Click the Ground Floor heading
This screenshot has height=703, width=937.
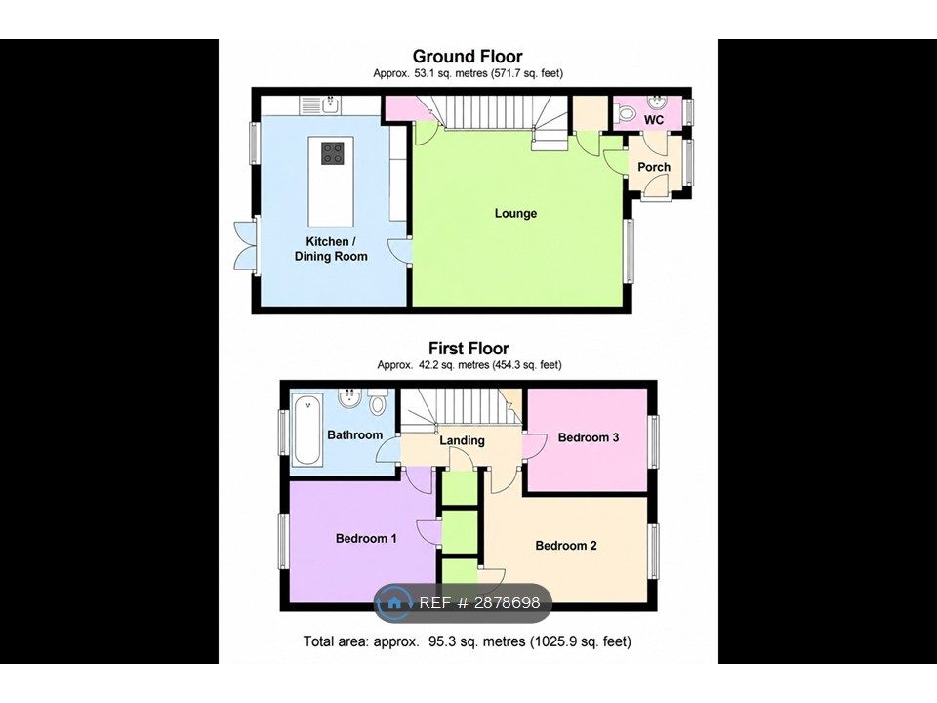[468, 57]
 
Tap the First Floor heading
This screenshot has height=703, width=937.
[468, 348]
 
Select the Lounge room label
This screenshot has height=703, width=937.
[515, 214]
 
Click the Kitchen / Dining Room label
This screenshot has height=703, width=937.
[331, 249]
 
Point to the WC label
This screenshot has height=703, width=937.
[654, 120]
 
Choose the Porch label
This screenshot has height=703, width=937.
[654, 167]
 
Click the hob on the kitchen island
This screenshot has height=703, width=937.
[332, 153]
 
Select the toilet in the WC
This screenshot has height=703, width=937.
[625, 112]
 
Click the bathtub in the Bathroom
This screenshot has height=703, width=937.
[307, 429]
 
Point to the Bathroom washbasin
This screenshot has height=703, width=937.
[349, 398]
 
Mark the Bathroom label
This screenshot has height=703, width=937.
[355, 435]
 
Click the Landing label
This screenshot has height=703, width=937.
[462, 440]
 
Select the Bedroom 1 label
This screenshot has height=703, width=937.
[366, 539]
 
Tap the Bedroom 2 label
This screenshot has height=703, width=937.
[566, 545]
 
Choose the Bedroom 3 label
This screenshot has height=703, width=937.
[588, 437]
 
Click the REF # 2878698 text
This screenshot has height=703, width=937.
[479, 602]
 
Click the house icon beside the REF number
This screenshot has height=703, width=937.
[394, 602]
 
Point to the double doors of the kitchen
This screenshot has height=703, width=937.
[244, 245]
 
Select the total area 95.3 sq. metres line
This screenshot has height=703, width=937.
[468, 641]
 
